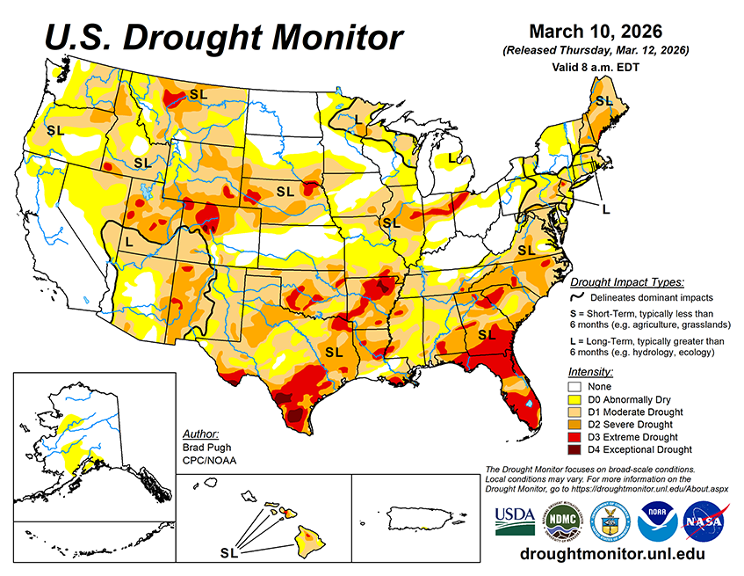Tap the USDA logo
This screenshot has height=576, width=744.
coord(515,520)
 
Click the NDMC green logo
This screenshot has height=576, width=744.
coord(560,521)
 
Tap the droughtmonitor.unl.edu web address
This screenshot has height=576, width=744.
coord(612,555)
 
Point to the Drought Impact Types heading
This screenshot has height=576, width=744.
coord(626,282)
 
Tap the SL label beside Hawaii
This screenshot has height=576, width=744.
coord(228,553)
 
